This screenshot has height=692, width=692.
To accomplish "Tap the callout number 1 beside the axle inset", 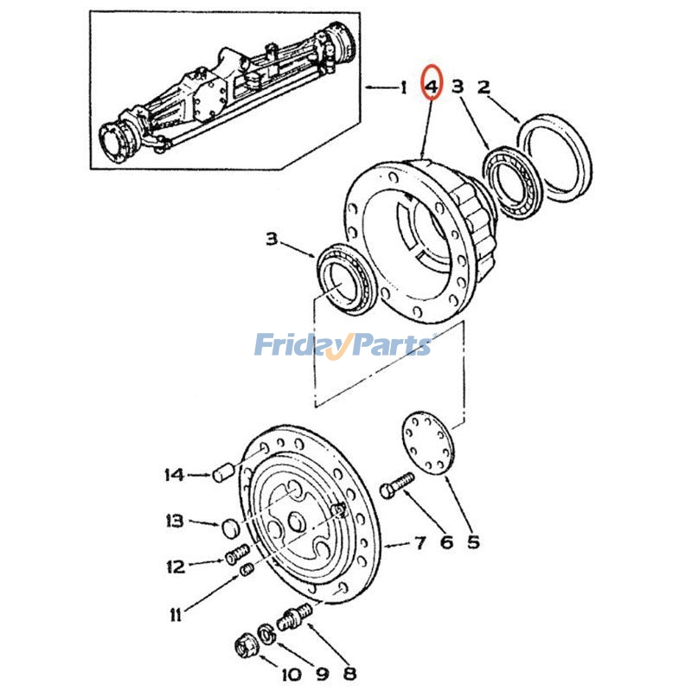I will point(402,86).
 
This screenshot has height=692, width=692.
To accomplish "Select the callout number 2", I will point(484,86).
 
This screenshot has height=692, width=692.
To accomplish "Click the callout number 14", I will point(174,474).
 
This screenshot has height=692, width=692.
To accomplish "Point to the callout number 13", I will point(175,521).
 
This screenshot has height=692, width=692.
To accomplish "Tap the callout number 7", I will point(420,543).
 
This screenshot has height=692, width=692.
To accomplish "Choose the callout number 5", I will point(473,542).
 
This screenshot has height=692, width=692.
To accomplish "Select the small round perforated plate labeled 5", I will point(428,444).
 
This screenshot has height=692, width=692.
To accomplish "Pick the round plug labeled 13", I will point(229,527).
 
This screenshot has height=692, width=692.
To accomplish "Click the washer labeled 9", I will point(266,633).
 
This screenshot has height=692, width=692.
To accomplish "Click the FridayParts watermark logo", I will point(343,346).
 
